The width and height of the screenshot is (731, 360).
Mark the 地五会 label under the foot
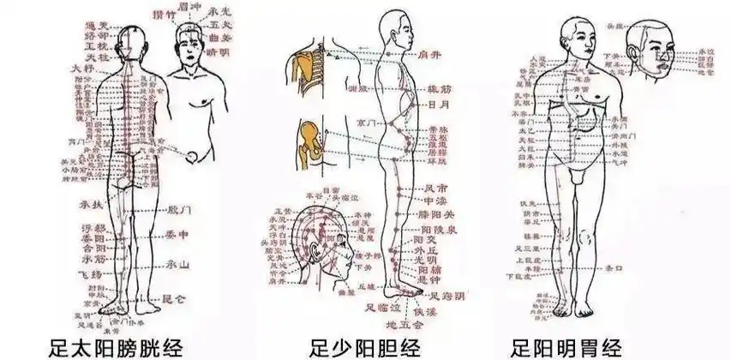404,325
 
